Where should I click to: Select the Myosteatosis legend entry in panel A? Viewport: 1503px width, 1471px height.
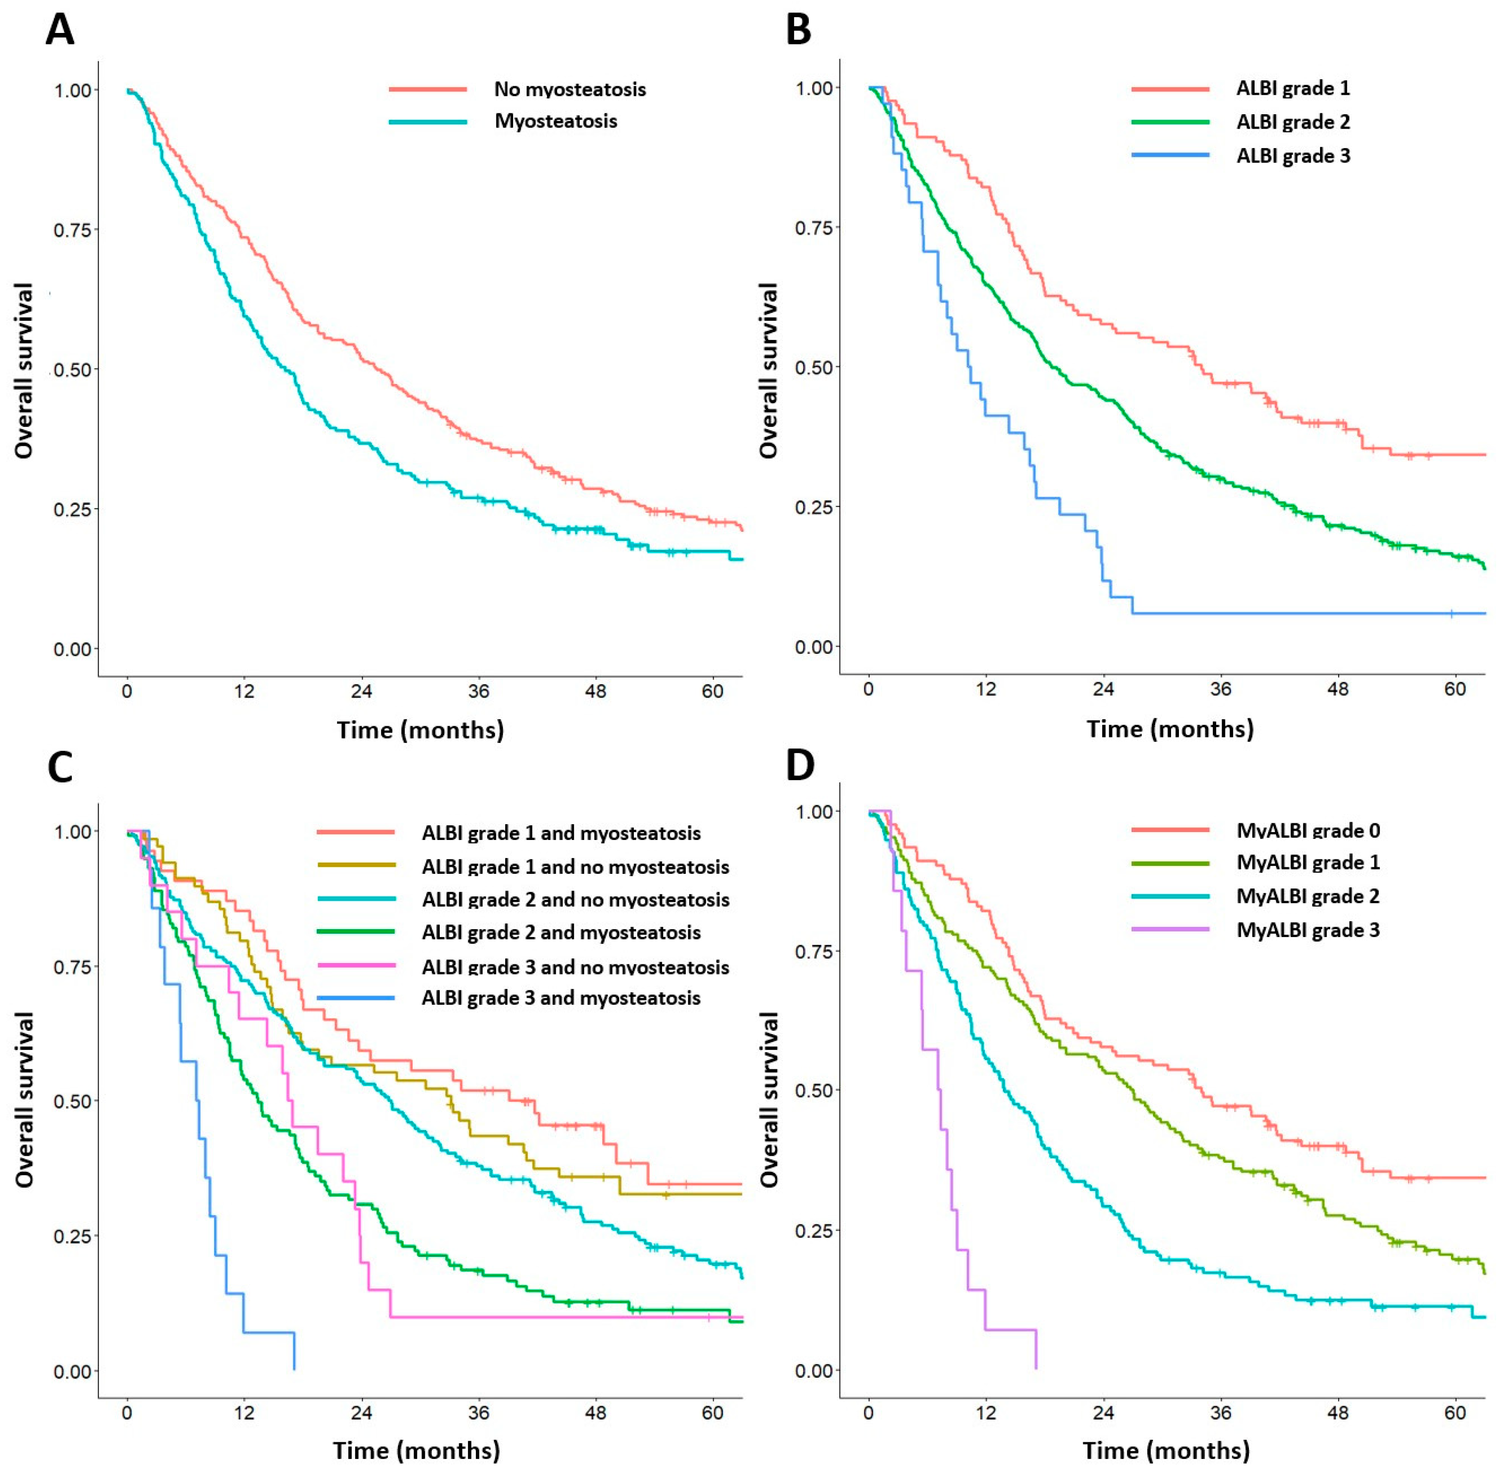pyautogui.click(x=556, y=121)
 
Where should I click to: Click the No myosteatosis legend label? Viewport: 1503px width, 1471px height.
pyautogui.click(x=570, y=90)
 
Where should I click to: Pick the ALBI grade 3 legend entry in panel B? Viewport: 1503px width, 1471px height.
pyautogui.click(x=1293, y=156)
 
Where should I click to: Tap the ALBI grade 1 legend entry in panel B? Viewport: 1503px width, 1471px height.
pyautogui.click(x=1293, y=88)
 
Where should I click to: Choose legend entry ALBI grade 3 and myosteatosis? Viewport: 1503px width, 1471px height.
pyautogui.click(x=561, y=998)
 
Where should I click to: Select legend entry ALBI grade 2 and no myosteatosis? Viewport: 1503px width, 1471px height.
pyautogui.click(x=575, y=900)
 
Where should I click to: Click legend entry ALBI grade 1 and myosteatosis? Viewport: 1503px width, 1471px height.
pyautogui.click(x=561, y=833)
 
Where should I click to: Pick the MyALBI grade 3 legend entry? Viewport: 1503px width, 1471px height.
pyautogui.click(x=1308, y=930)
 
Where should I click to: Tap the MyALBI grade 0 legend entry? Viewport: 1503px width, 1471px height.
pyautogui.click(x=1308, y=831)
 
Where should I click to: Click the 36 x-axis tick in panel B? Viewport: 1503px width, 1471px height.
pyautogui.click(x=1220, y=689)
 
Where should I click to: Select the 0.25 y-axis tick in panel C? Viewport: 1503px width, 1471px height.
pyautogui.click(x=72, y=1236)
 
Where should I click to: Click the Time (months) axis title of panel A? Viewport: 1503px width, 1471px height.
pyautogui.click(x=420, y=730)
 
